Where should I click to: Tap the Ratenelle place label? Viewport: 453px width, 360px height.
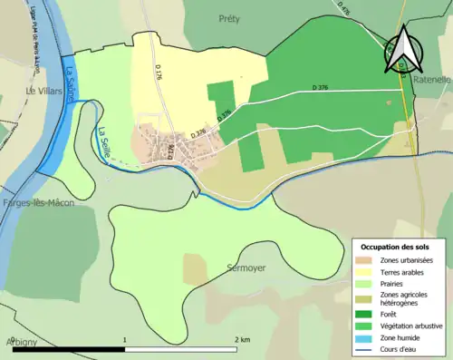point(431,80)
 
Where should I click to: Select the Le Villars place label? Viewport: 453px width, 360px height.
point(42,92)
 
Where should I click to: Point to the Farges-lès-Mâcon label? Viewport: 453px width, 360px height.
point(37,203)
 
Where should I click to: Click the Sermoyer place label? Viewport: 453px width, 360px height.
point(246,270)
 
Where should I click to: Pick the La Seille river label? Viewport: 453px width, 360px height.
point(102,142)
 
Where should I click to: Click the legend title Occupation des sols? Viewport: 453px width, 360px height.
point(397,248)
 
